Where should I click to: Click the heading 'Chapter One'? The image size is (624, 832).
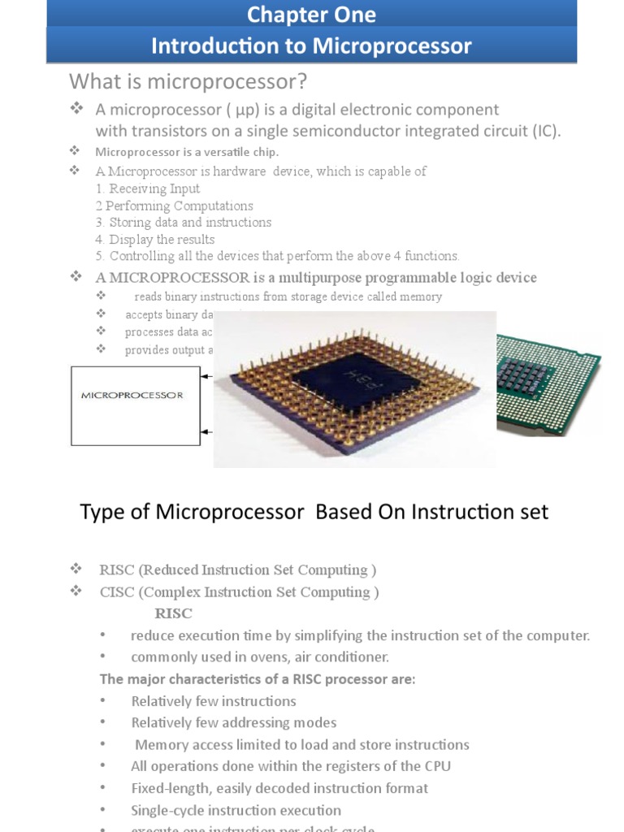pyautogui.click(x=311, y=15)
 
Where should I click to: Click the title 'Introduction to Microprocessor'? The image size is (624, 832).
pyautogui.click(x=311, y=46)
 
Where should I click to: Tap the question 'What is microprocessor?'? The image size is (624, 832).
pyautogui.click(x=188, y=81)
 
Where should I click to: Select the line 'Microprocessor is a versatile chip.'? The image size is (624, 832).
pyautogui.click(x=187, y=152)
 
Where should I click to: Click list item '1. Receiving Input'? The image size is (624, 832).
pyautogui.click(x=147, y=188)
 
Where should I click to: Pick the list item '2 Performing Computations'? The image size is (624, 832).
pyautogui.click(x=174, y=206)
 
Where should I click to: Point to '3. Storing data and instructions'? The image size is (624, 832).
pyautogui.click(x=183, y=222)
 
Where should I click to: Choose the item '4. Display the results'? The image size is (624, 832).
pyautogui.click(x=154, y=239)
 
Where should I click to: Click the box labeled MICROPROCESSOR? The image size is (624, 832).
pyautogui.click(x=136, y=405)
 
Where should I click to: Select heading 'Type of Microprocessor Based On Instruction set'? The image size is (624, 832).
pyautogui.click(x=314, y=512)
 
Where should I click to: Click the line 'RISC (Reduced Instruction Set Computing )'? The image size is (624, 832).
pyautogui.click(x=237, y=570)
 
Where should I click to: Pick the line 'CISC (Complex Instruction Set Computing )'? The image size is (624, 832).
pyautogui.click(x=239, y=591)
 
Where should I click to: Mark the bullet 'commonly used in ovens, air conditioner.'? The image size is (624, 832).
pyautogui.click(x=260, y=656)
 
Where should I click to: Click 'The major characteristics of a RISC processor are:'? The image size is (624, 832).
pyautogui.click(x=257, y=678)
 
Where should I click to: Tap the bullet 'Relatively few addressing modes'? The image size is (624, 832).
pyautogui.click(x=233, y=722)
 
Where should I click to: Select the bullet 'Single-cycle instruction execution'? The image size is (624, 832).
pyautogui.click(x=236, y=810)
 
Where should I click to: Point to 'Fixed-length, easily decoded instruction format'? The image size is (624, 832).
pyautogui.click(x=279, y=788)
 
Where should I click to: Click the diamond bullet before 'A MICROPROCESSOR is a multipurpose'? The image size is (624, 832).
pyautogui.click(x=76, y=277)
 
